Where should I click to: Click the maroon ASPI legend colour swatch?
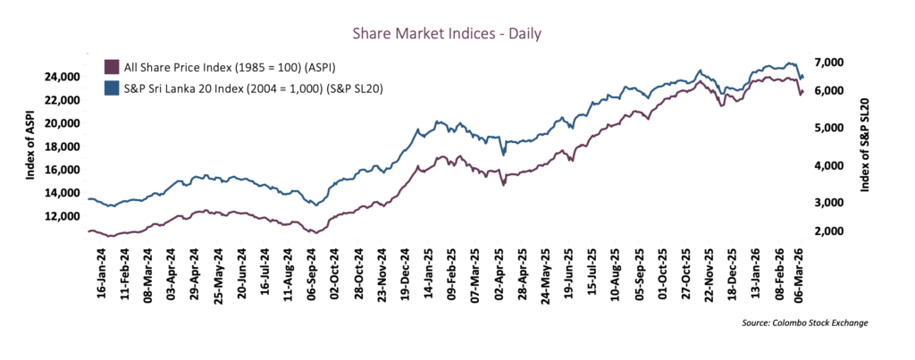click(x=112, y=67)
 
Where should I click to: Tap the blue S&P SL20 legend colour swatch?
click(x=112, y=88)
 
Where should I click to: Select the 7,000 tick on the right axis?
click(x=827, y=62)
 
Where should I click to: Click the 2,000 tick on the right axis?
click(x=827, y=231)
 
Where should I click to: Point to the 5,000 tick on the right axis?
click(x=827, y=128)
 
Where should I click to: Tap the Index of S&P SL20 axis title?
click(x=865, y=147)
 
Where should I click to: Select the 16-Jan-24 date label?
click(x=100, y=277)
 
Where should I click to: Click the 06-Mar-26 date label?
click(x=801, y=277)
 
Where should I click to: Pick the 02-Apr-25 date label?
click(x=497, y=277)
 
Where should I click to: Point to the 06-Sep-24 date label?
click(x=310, y=277)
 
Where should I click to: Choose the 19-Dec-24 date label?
click(x=404, y=277)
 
